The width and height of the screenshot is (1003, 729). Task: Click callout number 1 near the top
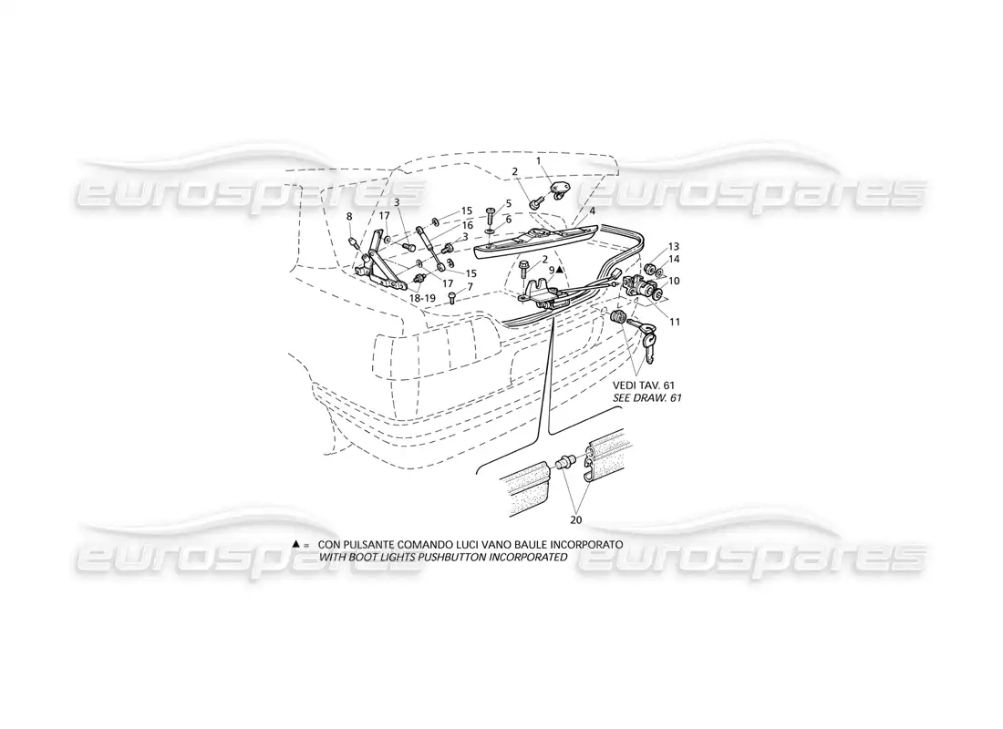tap(539, 159)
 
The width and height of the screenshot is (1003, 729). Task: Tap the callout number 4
tap(593, 210)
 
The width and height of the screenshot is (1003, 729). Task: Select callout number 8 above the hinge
tap(349, 217)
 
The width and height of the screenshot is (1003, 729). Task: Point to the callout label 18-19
tap(421, 298)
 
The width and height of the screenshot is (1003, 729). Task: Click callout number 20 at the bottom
tap(575, 520)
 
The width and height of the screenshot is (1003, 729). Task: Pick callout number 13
tap(674, 246)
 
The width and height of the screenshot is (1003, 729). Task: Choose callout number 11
tap(675, 323)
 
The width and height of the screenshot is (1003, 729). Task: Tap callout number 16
tap(468, 225)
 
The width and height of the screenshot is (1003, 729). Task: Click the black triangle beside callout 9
tap(560, 270)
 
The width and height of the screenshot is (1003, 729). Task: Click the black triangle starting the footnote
tap(295, 543)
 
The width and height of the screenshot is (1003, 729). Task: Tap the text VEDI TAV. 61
tap(644, 385)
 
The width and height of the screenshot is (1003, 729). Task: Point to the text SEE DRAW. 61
tap(647, 397)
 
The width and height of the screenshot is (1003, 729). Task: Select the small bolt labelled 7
tap(452, 297)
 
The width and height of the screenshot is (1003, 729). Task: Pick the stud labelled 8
tap(352, 243)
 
